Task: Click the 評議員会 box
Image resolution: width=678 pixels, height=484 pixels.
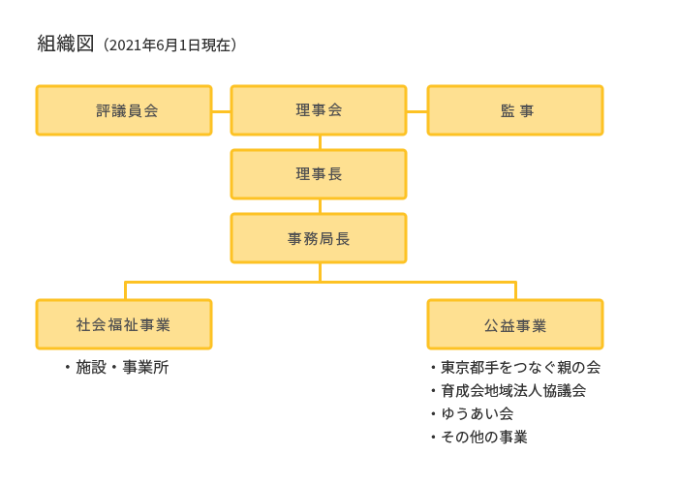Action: click(124, 110)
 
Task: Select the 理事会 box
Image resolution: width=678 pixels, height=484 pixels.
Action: click(319, 110)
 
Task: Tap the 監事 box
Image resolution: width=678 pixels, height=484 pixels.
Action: click(515, 110)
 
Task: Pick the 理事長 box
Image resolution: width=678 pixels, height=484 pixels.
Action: click(319, 174)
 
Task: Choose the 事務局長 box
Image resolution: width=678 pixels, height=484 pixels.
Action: click(319, 238)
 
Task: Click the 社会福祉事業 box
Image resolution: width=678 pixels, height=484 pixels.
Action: click(124, 324)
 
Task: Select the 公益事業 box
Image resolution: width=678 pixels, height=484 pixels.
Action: click(515, 324)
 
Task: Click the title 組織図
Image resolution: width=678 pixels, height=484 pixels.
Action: click(66, 44)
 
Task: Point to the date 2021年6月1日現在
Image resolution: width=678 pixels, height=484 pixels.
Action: click(169, 45)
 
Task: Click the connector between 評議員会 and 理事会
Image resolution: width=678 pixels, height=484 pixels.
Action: click(221, 110)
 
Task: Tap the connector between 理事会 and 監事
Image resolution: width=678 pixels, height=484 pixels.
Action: click(416, 110)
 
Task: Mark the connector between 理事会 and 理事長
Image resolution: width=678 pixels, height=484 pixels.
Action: click(319, 142)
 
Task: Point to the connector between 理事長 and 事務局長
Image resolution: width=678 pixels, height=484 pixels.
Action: click(319, 206)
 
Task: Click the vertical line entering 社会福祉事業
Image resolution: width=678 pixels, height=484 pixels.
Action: click(125, 290)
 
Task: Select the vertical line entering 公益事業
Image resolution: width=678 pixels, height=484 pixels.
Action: click(515, 290)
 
